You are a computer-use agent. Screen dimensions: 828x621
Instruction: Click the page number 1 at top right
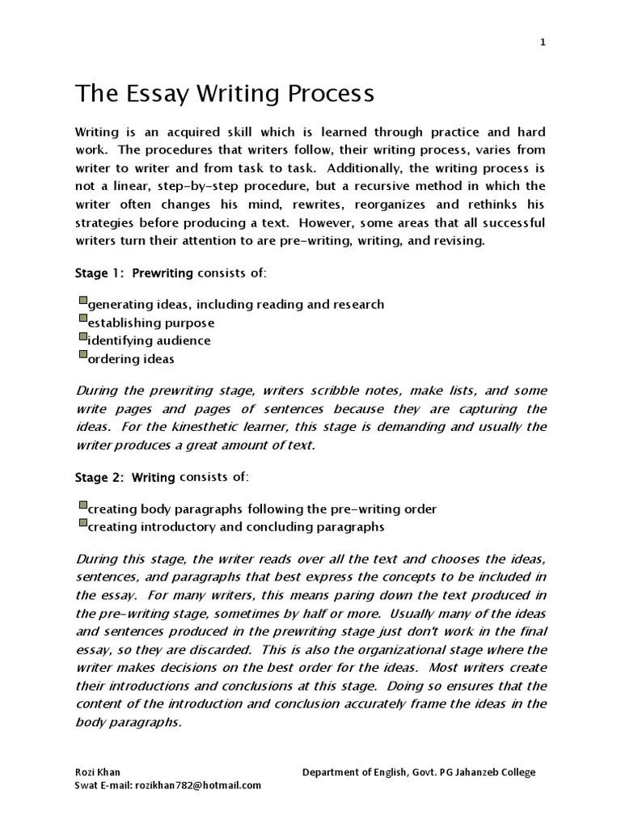pyautogui.click(x=543, y=43)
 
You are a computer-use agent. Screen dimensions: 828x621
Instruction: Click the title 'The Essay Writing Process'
pyautogui.click(x=225, y=95)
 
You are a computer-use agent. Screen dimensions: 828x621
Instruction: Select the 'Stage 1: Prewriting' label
pyautogui.click(x=133, y=273)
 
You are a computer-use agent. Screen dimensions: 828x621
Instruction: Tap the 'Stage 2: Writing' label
pyautogui.click(x=125, y=477)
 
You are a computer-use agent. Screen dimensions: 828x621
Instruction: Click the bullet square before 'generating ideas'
pyautogui.click(x=82, y=301)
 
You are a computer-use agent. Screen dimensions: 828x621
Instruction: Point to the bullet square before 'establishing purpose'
pyautogui.click(x=82, y=319)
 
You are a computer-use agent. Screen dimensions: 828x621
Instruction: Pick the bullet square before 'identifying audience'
pyautogui.click(x=82, y=337)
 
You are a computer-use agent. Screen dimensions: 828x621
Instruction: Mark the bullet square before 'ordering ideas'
pyautogui.click(x=82, y=355)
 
